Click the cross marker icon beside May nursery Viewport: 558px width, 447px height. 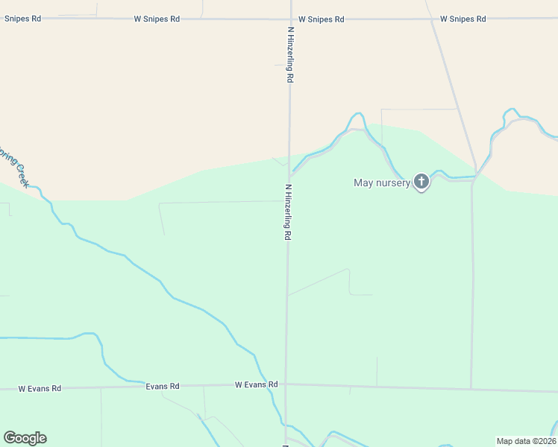pos(421,181)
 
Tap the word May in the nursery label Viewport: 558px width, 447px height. pos(363,183)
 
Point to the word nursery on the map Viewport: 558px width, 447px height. pos(392,183)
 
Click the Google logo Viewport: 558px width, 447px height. pos(25,438)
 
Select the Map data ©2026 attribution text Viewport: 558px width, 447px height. pos(527,441)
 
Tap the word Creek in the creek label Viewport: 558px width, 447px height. pos(20,176)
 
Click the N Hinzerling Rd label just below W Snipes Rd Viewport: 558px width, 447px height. pos(289,54)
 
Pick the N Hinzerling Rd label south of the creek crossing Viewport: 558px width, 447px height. pos(287,212)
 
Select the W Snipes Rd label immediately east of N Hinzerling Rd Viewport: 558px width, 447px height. pos(321,19)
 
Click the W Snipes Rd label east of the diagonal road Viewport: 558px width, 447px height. pos(463,19)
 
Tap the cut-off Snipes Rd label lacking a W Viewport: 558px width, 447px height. pos(22,19)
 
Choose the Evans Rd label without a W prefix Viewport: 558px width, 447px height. pos(163,386)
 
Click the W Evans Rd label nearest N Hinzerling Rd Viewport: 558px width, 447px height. pos(256,384)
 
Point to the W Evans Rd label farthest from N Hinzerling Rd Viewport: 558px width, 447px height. pos(40,388)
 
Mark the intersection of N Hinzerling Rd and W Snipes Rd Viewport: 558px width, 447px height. pos(290,19)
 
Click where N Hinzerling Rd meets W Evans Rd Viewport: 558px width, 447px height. pos(285,384)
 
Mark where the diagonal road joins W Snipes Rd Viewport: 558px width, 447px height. pos(431,19)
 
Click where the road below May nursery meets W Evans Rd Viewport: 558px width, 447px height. pos(471,388)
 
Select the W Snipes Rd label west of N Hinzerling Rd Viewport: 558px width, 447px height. pos(157,19)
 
